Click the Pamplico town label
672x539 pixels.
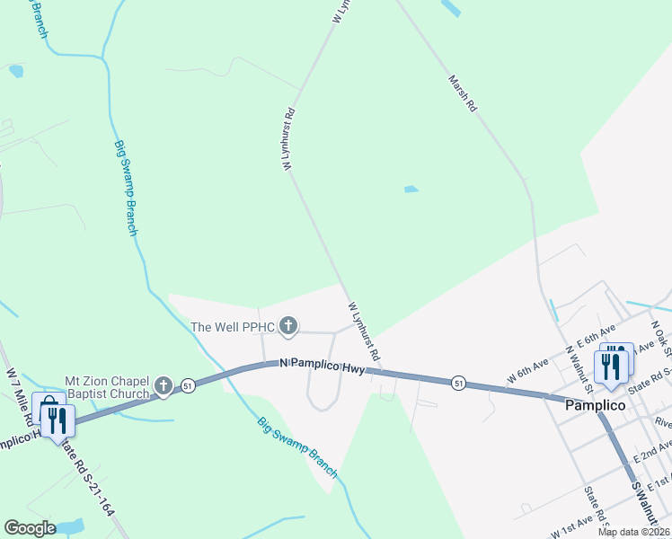click(594, 405)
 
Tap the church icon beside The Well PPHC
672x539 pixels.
click(287, 325)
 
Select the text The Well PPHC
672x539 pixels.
click(232, 327)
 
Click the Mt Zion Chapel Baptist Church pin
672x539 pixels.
click(163, 386)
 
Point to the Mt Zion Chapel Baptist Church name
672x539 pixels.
click(107, 388)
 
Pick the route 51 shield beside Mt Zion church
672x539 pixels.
click(188, 385)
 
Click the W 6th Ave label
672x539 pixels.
click(527, 371)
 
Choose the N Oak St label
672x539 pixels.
click(661, 335)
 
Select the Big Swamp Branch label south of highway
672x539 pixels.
click(297, 446)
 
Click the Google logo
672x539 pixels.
click(30, 528)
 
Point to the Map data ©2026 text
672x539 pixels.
click(633, 532)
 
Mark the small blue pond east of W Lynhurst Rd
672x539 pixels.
click(411, 190)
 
